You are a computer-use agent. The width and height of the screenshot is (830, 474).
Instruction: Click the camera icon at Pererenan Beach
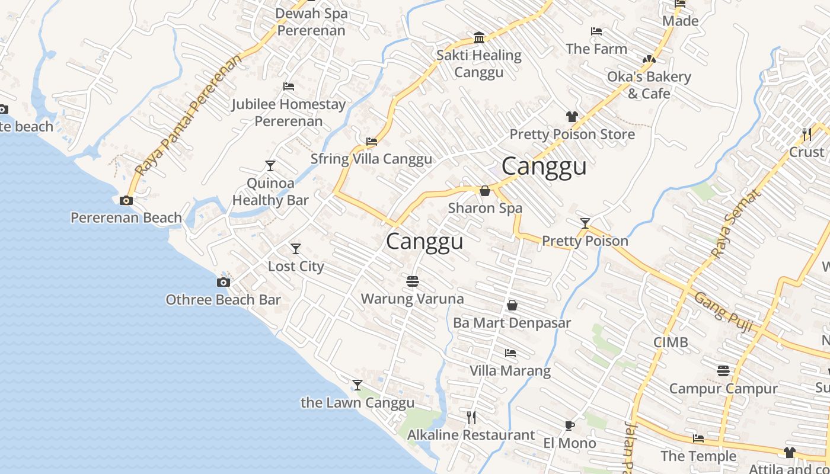point(126,201)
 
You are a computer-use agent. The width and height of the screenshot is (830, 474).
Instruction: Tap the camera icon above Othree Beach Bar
point(224,282)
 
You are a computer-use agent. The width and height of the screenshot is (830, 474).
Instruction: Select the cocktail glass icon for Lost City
point(296,249)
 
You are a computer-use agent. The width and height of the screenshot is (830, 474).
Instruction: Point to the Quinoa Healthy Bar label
point(270,191)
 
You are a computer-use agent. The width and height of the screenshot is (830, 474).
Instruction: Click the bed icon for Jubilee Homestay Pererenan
point(289,87)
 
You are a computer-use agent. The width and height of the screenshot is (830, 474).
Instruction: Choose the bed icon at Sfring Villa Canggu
point(372,142)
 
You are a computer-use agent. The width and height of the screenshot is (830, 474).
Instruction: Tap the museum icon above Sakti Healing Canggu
point(479,39)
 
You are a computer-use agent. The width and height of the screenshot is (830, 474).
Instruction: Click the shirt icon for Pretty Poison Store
point(572,117)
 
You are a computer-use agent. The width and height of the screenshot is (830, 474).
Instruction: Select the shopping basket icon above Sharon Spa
point(485,191)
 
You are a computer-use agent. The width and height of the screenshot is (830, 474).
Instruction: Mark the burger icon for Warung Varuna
point(413,280)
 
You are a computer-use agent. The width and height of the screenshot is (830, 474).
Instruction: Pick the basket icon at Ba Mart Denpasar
point(512,305)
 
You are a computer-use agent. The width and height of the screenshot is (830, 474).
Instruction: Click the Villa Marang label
point(510,371)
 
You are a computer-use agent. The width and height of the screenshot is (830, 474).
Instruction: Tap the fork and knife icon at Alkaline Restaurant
point(471,418)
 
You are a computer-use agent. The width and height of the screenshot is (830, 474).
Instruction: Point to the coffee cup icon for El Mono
point(569,425)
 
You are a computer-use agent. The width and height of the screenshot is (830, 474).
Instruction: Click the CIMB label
point(671,342)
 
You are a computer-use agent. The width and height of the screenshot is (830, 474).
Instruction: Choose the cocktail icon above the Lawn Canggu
point(357,385)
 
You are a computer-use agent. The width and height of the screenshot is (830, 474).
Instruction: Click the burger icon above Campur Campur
point(723,371)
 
